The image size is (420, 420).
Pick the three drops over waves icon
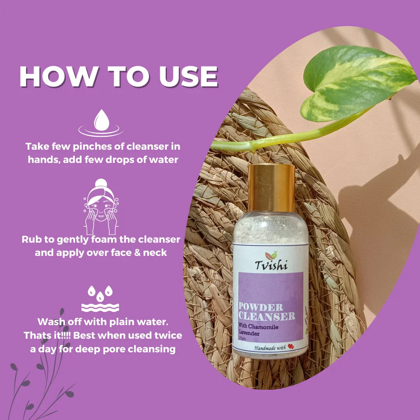tap(100, 299)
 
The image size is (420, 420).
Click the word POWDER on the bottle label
tap(261, 307)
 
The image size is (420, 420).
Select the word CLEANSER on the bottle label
tap(267, 316)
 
